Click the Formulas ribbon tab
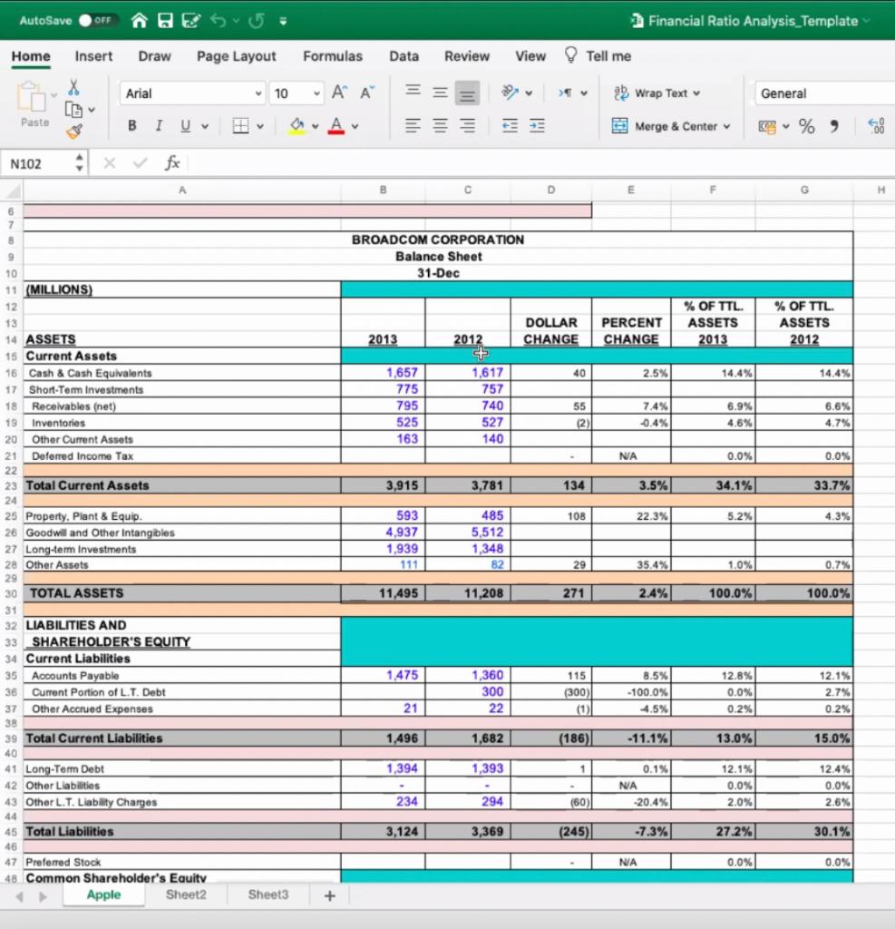332,56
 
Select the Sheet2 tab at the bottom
186,895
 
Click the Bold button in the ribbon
131,126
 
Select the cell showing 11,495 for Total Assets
384,593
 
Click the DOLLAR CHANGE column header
550,330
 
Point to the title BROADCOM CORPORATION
438,240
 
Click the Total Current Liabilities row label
94,738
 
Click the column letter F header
713,191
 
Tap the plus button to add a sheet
329,895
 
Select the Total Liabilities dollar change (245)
550,832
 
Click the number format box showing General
816,93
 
